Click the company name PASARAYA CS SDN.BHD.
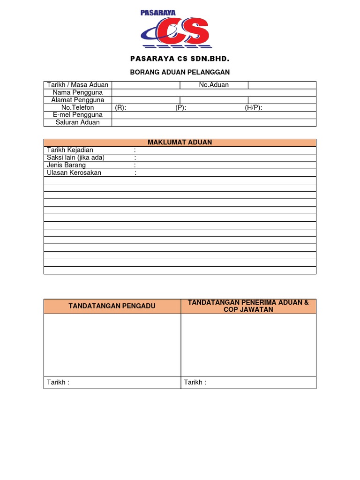pos(180,59)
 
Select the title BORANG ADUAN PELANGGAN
pos(180,72)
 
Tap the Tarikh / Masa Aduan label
pos(78,85)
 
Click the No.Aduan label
pos(214,85)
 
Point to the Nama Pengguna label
pos(78,92)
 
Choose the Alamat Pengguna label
pos(78,100)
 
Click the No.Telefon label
pos(78,107)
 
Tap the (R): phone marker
pos(120,107)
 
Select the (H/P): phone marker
pos(254,107)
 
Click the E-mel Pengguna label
pos(78,115)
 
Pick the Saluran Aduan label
pos(78,122)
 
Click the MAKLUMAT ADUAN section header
pos(180,142)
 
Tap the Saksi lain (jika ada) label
pos(75,157)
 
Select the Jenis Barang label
pos(66,165)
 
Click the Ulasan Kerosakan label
pos(74,172)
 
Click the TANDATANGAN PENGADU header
pos(112,306)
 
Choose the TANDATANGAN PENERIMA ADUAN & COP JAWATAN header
pos(248,306)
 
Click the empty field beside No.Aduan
pos(282,85)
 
